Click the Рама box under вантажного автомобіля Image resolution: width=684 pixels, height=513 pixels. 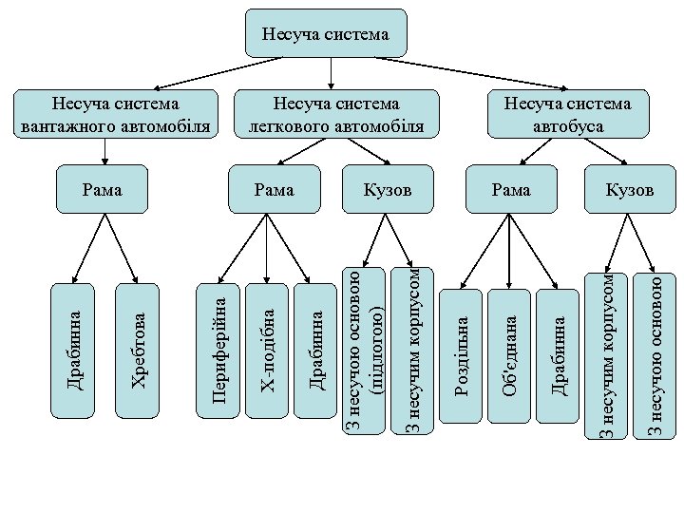(103, 191)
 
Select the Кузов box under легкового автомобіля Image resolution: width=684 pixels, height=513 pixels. (388, 191)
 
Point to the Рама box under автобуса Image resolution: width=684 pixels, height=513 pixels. (511, 191)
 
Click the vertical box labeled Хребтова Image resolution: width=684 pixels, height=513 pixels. (137, 351)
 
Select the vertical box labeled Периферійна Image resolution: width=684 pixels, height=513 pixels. (218, 351)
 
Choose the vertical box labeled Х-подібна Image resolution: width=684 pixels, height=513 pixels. (269, 351)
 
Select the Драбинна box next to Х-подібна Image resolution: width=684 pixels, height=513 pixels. (318, 351)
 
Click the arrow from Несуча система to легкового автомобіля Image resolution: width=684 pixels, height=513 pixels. (330, 72)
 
